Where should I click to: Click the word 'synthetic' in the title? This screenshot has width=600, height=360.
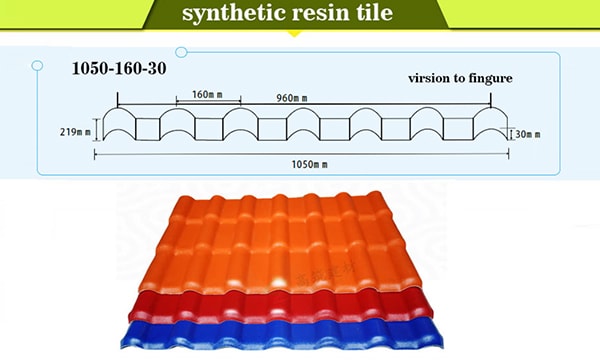(229, 15)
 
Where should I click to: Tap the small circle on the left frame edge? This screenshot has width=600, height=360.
(37, 66)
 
